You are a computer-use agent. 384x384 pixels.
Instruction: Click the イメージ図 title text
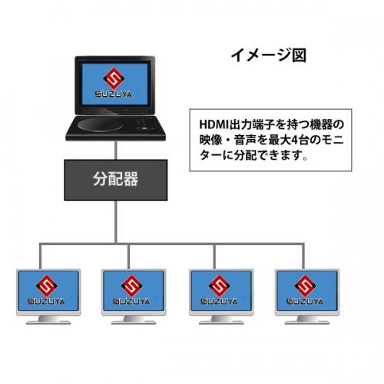[x=269, y=55]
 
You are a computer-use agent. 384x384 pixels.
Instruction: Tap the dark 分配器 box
[x=116, y=180]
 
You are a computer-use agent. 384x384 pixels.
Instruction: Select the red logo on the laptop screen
[x=114, y=78]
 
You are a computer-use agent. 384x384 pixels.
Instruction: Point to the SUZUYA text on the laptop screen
[x=114, y=94]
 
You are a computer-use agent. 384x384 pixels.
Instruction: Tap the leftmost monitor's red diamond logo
[x=47, y=286]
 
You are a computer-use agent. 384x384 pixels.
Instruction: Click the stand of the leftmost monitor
[x=48, y=320]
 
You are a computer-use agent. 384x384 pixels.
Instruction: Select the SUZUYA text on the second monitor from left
[x=131, y=301]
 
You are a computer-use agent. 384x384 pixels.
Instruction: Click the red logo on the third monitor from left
[x=220, y=286]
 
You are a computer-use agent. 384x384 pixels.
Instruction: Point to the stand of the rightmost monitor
[x=307, y=320]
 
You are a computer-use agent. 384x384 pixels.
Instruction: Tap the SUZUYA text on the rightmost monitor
[x=305, y=301]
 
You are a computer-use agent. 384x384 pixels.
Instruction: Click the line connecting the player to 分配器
[x=116, y=151]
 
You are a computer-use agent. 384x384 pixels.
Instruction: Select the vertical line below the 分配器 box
[x=116, y=222]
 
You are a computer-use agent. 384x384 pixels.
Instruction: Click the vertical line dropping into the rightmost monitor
[x=303, y=256]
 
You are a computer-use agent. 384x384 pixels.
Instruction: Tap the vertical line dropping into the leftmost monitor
[x=40, y=256]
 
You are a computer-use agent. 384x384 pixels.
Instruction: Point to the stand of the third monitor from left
[x=221, y=320]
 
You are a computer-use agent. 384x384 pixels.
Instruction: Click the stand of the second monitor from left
[x=134, y=320]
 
